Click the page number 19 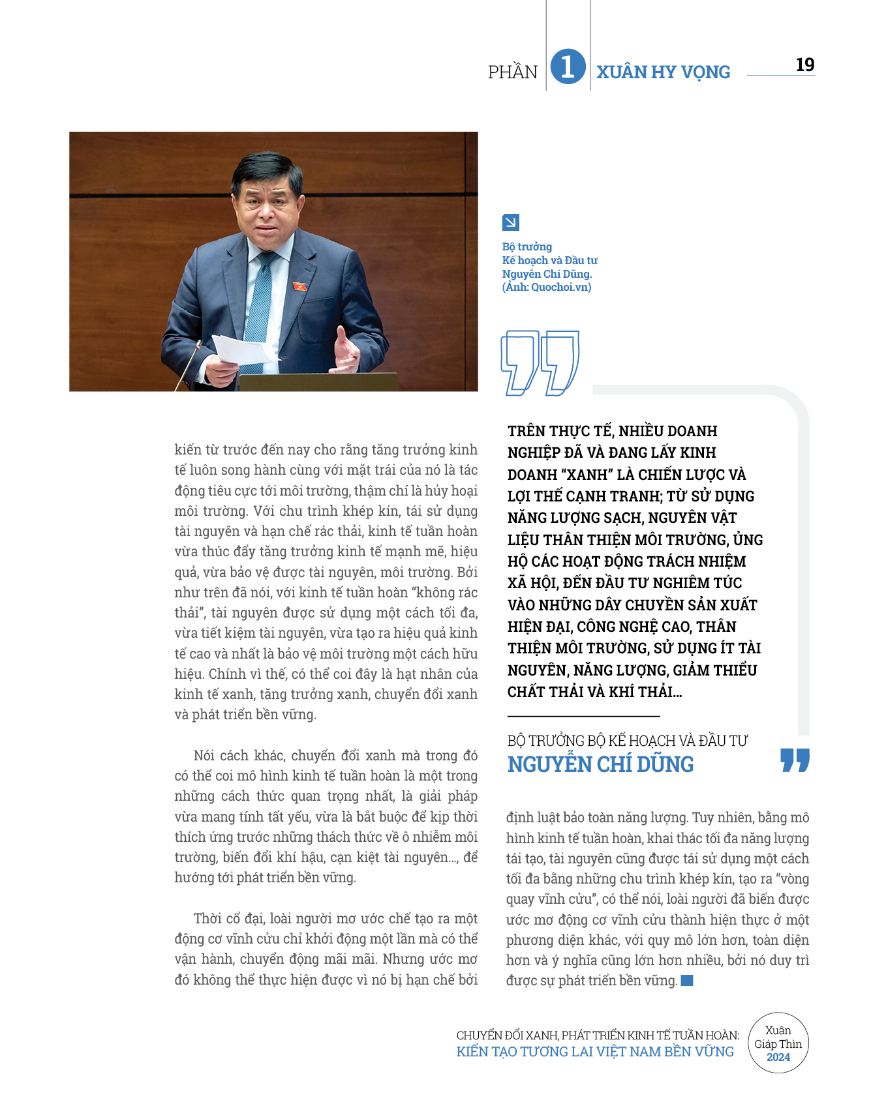804,65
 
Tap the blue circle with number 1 568,67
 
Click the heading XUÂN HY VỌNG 663,72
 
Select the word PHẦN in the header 513,72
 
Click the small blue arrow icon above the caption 510,222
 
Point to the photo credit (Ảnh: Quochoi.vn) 547,287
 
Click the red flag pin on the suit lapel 299,286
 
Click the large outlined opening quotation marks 540,363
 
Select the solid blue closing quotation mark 795,760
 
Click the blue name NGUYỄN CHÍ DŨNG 600,764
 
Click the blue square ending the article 687,980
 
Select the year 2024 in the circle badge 778,1057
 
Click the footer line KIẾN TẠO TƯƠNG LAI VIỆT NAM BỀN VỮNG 594,1052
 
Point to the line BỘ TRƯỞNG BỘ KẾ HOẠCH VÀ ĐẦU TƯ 627,741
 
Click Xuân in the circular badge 778,1030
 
